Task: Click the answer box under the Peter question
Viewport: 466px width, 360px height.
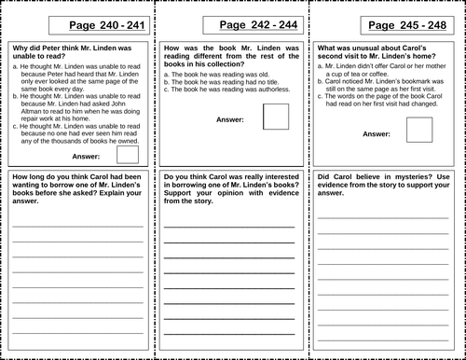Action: tap(128, 155)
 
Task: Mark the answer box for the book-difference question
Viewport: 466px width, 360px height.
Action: tap(277, 117)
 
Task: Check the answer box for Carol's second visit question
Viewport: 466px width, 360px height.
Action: tap(419, 130)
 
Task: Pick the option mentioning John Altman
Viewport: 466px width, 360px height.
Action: tap(75, 114)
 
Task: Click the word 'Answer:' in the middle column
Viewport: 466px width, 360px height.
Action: tap(230, 119)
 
